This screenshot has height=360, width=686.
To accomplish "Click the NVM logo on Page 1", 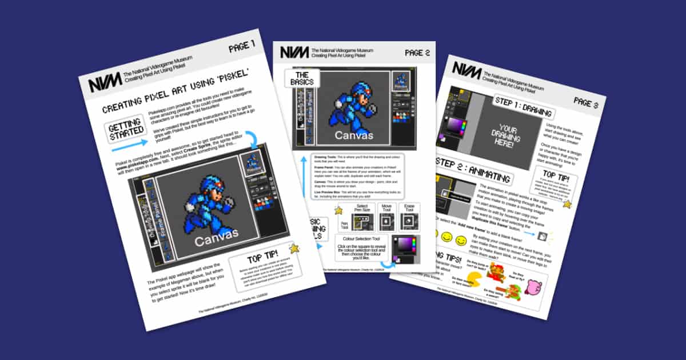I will click(105, 81).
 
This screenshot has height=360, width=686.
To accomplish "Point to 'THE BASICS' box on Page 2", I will click(302, 79).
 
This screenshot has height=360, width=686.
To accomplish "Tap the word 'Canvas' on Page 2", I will click(354, 135).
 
